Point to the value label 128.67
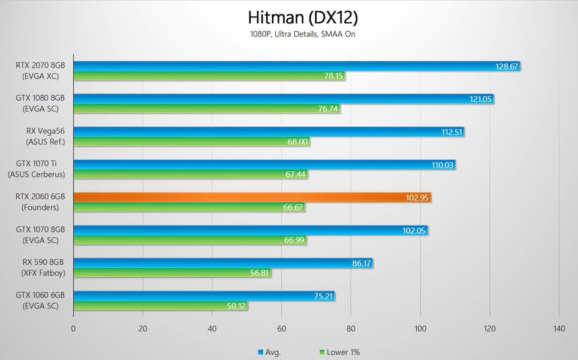507,67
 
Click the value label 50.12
236,306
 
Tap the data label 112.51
451,132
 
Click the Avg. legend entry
269,352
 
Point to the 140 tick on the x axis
559,328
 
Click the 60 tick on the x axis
281,328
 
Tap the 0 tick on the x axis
73,328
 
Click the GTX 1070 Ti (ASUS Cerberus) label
36,169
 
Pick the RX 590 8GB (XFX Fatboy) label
41,268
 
